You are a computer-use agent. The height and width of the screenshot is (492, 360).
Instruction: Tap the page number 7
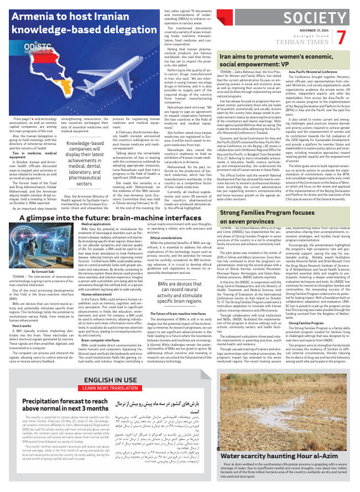tap(341, 37)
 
